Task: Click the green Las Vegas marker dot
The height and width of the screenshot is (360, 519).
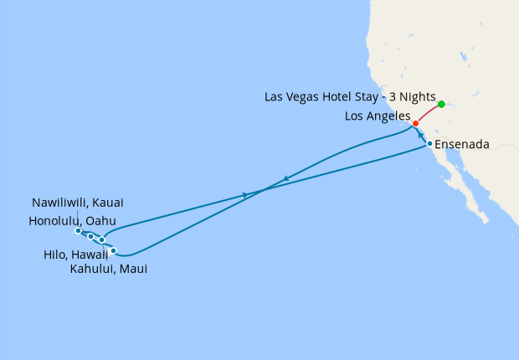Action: coord(441,105)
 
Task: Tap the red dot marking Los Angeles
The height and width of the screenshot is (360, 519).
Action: coord(416,123)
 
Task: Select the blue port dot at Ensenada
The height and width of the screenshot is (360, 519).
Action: coord(429,144)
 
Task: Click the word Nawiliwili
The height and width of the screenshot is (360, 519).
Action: coord(63,203)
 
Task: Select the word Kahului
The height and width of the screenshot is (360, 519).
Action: coord(95,269)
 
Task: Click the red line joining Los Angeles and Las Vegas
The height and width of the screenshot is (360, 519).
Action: coord(429,114)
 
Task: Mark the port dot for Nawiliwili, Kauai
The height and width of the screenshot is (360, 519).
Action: coord(78,231)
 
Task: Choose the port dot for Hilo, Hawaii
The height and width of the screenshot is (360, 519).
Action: coord(113,250)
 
